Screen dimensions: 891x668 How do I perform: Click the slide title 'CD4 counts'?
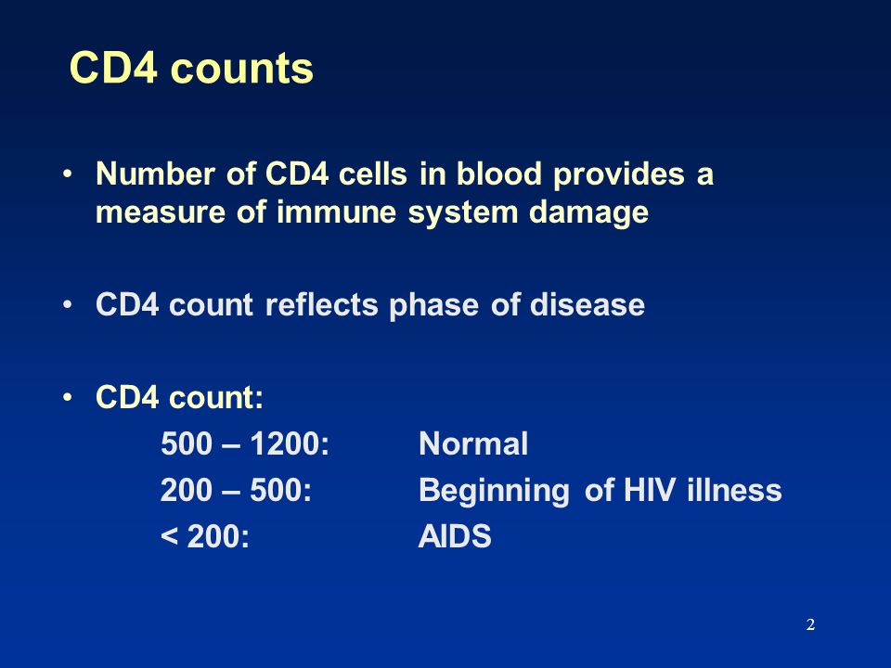tap(191, 68)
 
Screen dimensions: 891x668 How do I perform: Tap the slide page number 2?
tap(810, 624)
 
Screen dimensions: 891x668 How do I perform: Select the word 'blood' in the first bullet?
tap(499, 173)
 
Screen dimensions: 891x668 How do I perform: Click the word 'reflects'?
tap(322, 304)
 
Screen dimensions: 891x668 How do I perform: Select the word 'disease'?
tap(587, 304)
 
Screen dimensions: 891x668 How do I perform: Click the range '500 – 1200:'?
tap(245, 443)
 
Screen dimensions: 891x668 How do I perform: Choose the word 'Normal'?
tap(473, 443)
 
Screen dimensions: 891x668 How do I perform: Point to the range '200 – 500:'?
tap(237, 490)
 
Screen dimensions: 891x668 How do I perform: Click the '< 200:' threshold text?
tap(205, 536)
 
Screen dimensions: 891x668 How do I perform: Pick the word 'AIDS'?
tap(455, 536)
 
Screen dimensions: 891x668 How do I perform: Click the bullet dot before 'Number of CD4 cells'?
tap(68, 173)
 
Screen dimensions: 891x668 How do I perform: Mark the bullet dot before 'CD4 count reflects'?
tap(68, 304)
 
